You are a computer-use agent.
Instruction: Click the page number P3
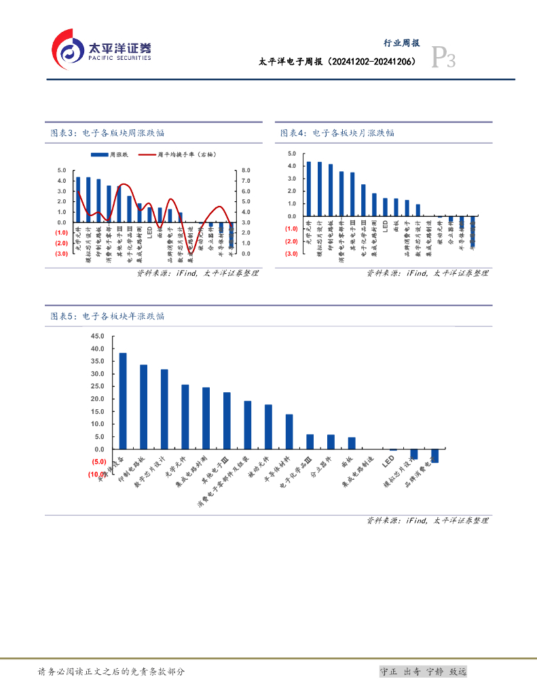click(444, 60)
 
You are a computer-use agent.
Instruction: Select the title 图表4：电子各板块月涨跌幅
click(337, 133)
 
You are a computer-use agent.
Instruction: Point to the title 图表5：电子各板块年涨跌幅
click(108, 316)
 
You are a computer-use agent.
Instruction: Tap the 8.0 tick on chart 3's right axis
click(246, 171)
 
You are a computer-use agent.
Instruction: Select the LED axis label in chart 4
click(385, 225)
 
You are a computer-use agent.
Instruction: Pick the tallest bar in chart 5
click(123, 400)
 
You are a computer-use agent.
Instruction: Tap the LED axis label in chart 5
click(390, 462)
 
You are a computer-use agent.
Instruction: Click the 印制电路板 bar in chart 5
click(144, 406)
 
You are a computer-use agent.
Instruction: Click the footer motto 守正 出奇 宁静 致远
click(422, 672)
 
